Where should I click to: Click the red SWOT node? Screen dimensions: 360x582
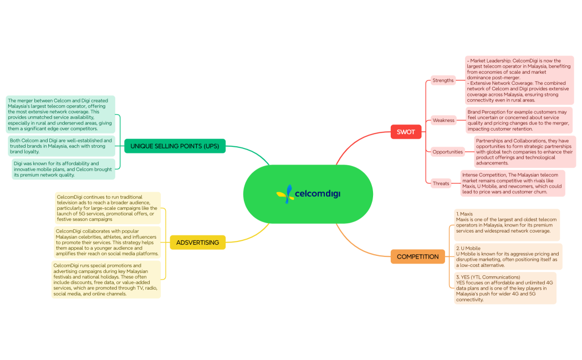405,132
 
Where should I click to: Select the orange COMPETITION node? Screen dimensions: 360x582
417,256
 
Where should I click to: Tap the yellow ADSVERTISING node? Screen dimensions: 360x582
197,242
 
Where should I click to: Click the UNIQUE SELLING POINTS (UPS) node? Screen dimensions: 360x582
175,146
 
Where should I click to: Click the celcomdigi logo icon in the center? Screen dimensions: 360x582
285,194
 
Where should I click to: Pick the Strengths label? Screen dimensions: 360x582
443,80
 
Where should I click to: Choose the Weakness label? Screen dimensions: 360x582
443,120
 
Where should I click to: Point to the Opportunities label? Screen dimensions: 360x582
447,152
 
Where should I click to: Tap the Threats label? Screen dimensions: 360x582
441,183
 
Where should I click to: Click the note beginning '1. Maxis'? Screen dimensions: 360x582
507,224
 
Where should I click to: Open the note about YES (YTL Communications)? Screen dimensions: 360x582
505,288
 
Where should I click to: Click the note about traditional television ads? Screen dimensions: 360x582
108,208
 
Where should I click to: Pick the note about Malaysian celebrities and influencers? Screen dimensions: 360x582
108,242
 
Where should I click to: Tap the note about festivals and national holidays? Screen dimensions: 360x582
106,280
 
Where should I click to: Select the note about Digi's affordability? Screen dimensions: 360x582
63,169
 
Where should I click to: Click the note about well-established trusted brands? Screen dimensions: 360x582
62,146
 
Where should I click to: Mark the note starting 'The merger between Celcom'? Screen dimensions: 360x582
60,115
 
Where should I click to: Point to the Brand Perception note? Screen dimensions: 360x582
518,120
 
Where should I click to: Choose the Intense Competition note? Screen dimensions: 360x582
512,183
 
